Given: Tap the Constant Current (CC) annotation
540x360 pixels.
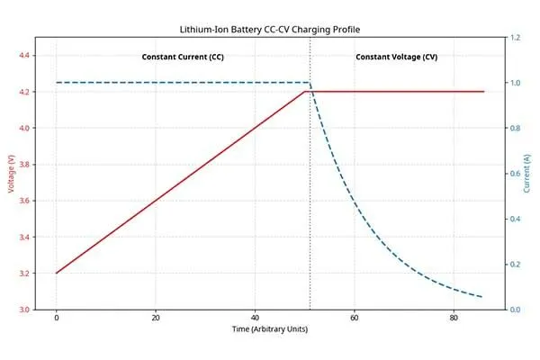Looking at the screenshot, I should [x=183, y=58].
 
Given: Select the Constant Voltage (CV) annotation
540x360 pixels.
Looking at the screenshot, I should [x=397, y=58].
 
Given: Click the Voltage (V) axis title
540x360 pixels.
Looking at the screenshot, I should [x=11, y=174].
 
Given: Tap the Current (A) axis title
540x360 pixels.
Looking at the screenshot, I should [x=527, y=174].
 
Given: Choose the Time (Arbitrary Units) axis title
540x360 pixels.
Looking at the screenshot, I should [x=270, y=331].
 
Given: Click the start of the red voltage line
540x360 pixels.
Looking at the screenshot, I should [x=57, y=273].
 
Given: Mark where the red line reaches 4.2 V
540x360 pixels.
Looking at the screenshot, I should [x=310, y=92].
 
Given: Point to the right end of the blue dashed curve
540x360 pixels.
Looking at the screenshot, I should [x=483, y=297].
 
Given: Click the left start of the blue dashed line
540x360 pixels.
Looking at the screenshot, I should [x=57, y=83].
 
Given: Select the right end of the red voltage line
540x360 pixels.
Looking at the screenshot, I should [x=483, y=92].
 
